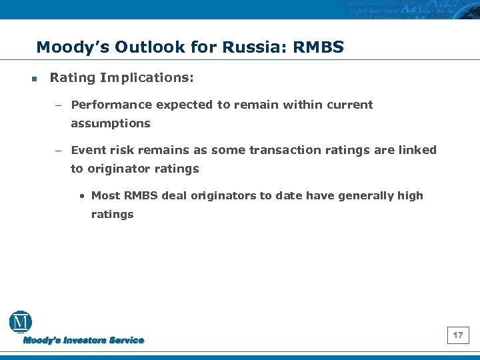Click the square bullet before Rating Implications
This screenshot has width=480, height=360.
point(33,79)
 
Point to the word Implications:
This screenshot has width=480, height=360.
point(147,78)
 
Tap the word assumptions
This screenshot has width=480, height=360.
point(111,123)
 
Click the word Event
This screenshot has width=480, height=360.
point(87,150)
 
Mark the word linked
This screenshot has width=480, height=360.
point(417,150)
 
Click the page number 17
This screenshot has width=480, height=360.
point(458,335)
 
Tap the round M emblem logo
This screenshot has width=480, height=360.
point(21,322)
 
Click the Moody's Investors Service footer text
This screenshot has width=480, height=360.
point(84,340)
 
